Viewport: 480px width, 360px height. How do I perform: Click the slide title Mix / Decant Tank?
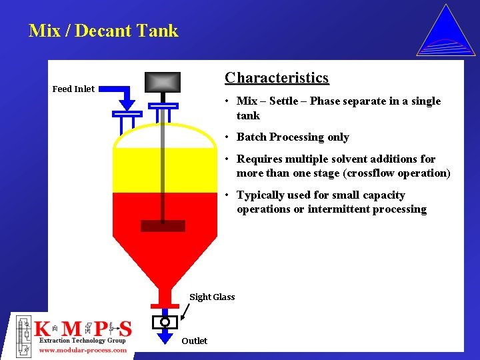(103, 31)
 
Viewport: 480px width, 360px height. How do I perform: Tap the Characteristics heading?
(277, 78)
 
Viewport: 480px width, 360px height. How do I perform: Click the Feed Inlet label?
(73, 89)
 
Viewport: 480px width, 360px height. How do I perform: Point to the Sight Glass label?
(212, 297)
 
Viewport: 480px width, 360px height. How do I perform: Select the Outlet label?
(194, 341)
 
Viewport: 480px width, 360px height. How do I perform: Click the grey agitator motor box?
(163, 81)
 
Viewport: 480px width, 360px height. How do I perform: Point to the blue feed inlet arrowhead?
(127, 105)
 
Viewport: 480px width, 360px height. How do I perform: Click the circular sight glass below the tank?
(165, 322)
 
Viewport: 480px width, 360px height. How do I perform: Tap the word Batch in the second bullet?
(251, 137)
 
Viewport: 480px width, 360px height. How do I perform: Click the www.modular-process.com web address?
(83, 350)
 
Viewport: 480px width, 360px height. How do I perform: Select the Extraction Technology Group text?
(83, 341)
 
